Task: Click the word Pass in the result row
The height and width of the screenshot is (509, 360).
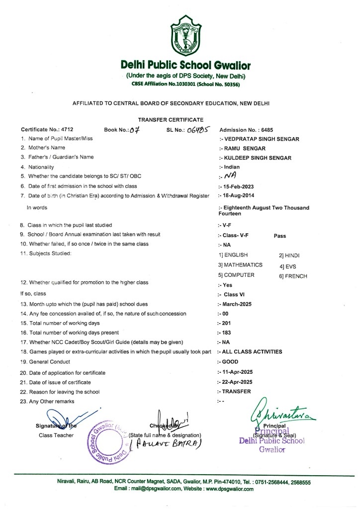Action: (280, 236)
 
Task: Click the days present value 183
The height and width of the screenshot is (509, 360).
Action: (228, 333)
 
